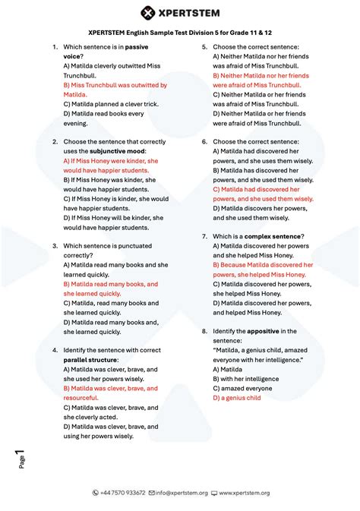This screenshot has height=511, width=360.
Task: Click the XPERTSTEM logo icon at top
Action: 149,13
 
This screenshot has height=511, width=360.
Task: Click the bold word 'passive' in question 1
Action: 137,47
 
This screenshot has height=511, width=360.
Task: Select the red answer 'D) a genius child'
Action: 237,397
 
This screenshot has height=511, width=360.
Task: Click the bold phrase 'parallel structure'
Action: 87,360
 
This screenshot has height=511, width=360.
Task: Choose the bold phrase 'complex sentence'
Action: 273,236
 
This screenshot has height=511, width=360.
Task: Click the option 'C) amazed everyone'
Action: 242,388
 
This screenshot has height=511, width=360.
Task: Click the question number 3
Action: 55,246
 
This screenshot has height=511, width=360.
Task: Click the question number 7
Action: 204,236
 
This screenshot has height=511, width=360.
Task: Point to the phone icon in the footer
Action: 95,493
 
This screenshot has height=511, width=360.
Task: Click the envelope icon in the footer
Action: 152,493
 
